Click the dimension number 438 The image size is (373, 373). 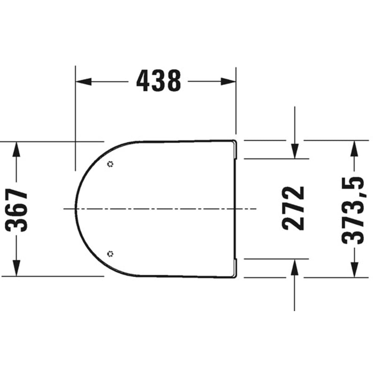pyautogui.click(x=159, y=81)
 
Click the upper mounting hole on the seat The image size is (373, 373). pyautogui.click(x=110, y=164)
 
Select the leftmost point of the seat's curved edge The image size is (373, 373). pyautogui.click(x=76, y=209)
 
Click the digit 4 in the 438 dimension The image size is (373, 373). pyautogui.click(x=144, y=81)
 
